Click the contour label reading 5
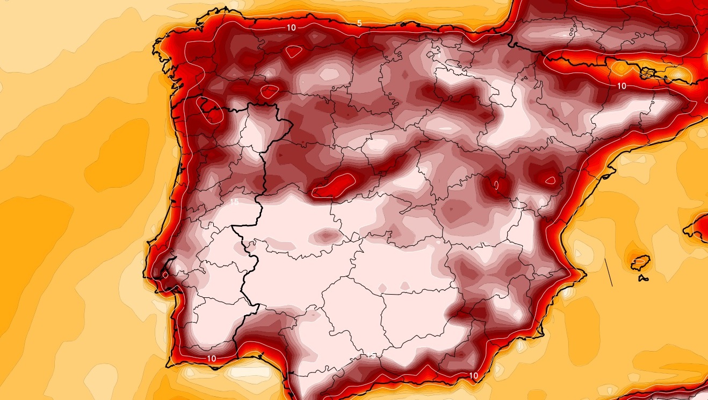(x=359, y=23)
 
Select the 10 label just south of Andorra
(x=622, y=85)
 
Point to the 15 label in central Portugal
(x=234, y=202)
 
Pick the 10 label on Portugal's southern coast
(x=211, y=358)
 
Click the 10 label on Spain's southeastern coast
(x=474, y=375)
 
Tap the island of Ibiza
(x=639, y=262)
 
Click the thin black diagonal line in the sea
(x=609, y=272)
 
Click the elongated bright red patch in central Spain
(x=334, y=184)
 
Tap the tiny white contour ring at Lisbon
(x=165, y=274)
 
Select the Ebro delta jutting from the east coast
(x=609, y=173)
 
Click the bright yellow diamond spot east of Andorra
(x=678, y=73)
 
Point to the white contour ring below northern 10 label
(x=293, y=52)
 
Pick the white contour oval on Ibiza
(x=639, y=260)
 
